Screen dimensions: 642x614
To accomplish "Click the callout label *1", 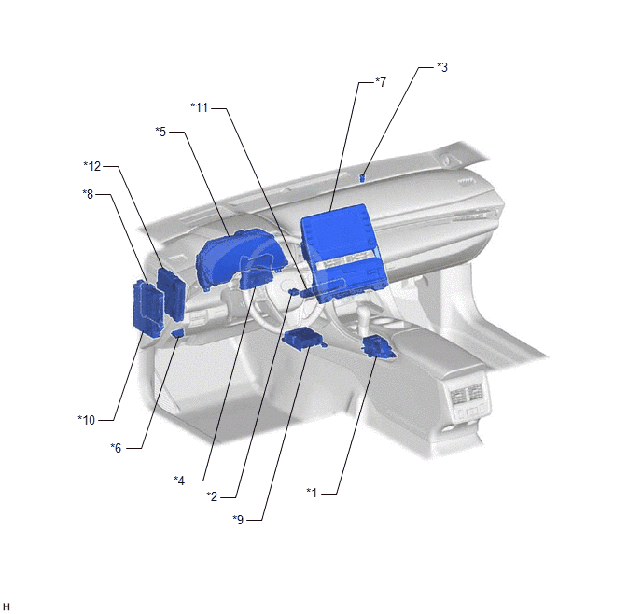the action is coord(312,493).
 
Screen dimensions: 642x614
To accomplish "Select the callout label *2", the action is coord(212,496).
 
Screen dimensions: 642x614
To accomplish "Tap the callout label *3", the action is coord(442,67).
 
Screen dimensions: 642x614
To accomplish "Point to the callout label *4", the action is coord(179,481).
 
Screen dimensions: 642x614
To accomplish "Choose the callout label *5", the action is coord(160,132).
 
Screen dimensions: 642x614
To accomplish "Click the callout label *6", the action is coord(116,448).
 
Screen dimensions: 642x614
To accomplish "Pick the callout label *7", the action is coord(381,82).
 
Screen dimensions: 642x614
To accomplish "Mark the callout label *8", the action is coord(88,194).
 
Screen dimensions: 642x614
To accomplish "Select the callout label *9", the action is coord(238,520).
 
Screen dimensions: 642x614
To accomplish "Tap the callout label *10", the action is coord(87,420).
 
